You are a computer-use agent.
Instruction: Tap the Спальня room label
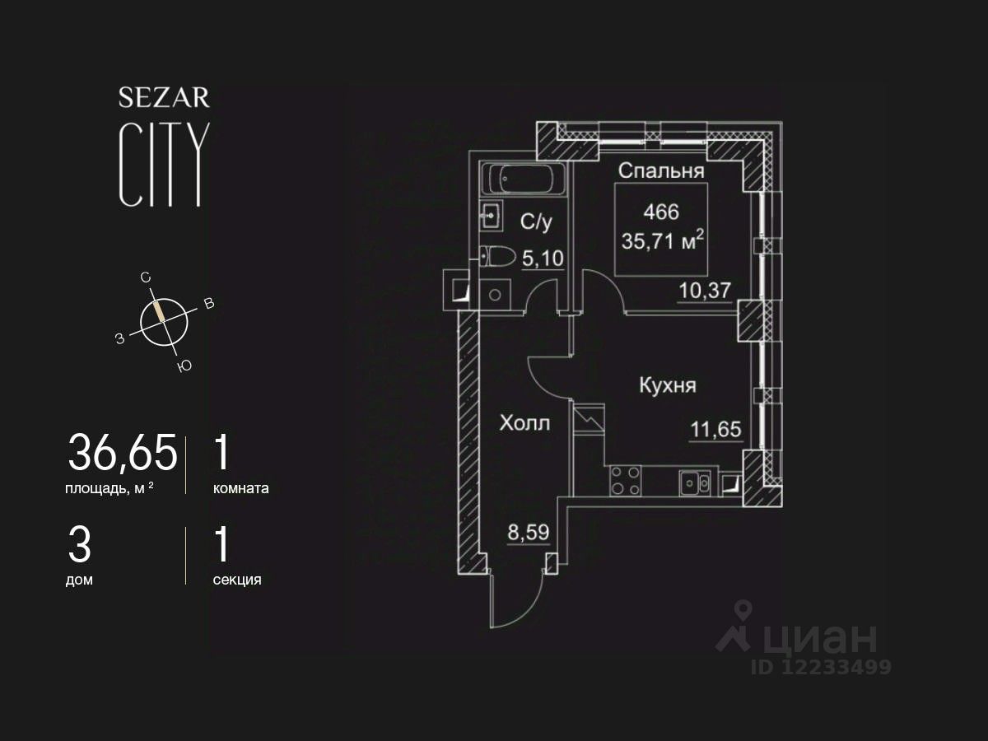pyautogui.click(x=660, y=171)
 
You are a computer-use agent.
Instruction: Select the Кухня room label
pyautogui.click(x=669, y=385)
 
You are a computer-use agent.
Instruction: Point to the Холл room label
pyautogui.click(x=524, y=423)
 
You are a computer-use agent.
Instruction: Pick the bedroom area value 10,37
pyautogui.click(x=705, y=290)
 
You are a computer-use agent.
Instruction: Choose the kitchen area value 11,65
pyautogui.click(x=715, y=429)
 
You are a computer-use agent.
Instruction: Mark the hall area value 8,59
pyautogui.click(x=528, y=531)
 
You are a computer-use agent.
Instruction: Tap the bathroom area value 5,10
pyautogui.click(x=543, y=259)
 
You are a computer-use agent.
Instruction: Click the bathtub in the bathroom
pyautogui.click(x=523, y=178)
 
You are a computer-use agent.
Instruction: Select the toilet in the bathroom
pyautogui.click(x=498, y=257)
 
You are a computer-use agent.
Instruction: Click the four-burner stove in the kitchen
pyautogui.click(x=625, y=480)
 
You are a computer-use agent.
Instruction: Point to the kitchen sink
pyautogui.click(x=695, y=482)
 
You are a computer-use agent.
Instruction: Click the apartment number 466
pyautogui.click(x=661, y=212)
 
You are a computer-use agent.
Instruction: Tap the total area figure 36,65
pyautogui.click(x=123, y=453)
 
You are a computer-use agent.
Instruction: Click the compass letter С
pyautogui.click(x=146, y=278)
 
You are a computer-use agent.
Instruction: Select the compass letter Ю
pyautogui.click(x=184, y=366)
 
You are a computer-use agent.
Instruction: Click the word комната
pyautogui.click(x=240, y=488)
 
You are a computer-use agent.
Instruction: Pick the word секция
pyautogui.click(x=237, y=580)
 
